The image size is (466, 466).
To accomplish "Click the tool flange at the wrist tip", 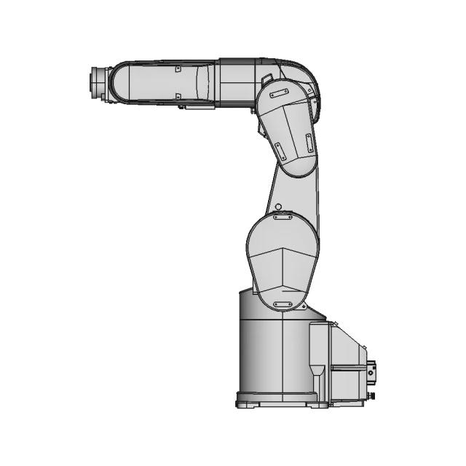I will pyautogui.click(x=95, y=83).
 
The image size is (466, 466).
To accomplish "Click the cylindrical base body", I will pyautogui.click(x=273, y=349).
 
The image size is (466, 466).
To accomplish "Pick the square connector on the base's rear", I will pyautogui.click(x=372, y=373).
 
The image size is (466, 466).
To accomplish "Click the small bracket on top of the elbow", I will pyautogui.click(x=267, y=79).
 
